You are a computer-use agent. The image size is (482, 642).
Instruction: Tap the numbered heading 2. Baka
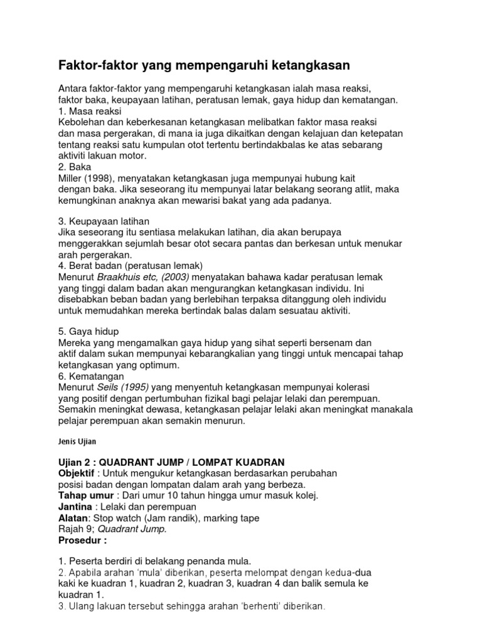(75, 167)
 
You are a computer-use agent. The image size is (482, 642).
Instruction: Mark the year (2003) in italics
(171, 276)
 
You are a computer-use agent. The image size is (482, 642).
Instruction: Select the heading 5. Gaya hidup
(88, 331)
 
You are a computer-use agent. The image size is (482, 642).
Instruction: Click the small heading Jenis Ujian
(74, 441)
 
